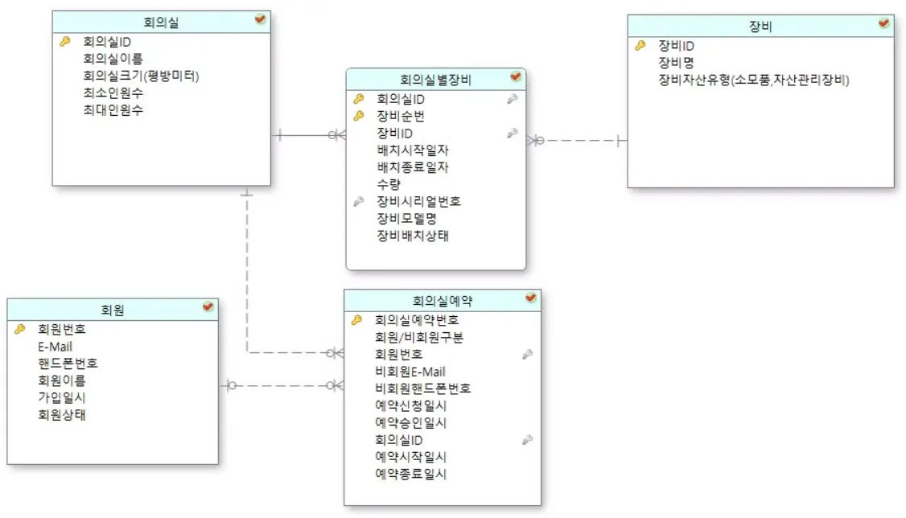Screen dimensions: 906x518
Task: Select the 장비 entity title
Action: pos(760,27)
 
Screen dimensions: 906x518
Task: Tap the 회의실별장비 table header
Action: pos(435,79)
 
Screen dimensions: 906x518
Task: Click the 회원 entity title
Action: pos(113,309)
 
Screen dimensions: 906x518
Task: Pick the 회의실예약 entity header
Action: pos(442,301)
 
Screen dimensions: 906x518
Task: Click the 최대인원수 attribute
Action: pos(113,110)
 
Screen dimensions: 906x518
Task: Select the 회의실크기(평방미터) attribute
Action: pos(141,76)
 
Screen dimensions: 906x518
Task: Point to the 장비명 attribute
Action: pos(676,63)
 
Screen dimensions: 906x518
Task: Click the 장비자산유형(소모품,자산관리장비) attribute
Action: pos(754,80)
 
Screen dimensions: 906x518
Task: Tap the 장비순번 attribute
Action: pos(401,116)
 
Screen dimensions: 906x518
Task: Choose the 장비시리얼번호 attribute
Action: pos(418,201)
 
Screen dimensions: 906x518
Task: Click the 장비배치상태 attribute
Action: pos(413,236)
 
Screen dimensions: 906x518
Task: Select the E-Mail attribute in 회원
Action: pos(55,346)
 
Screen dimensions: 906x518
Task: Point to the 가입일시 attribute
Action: pos(62,397)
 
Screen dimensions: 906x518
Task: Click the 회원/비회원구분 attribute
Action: pos(418,337)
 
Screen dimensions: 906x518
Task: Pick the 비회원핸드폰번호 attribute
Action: pos(422,388)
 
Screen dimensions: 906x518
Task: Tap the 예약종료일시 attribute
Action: pos(410,474)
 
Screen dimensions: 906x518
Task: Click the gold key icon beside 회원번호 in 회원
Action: pos(20,329)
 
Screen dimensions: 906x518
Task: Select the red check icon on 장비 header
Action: pos(883,23)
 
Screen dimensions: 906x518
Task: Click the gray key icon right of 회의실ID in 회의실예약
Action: pos(527,439)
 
